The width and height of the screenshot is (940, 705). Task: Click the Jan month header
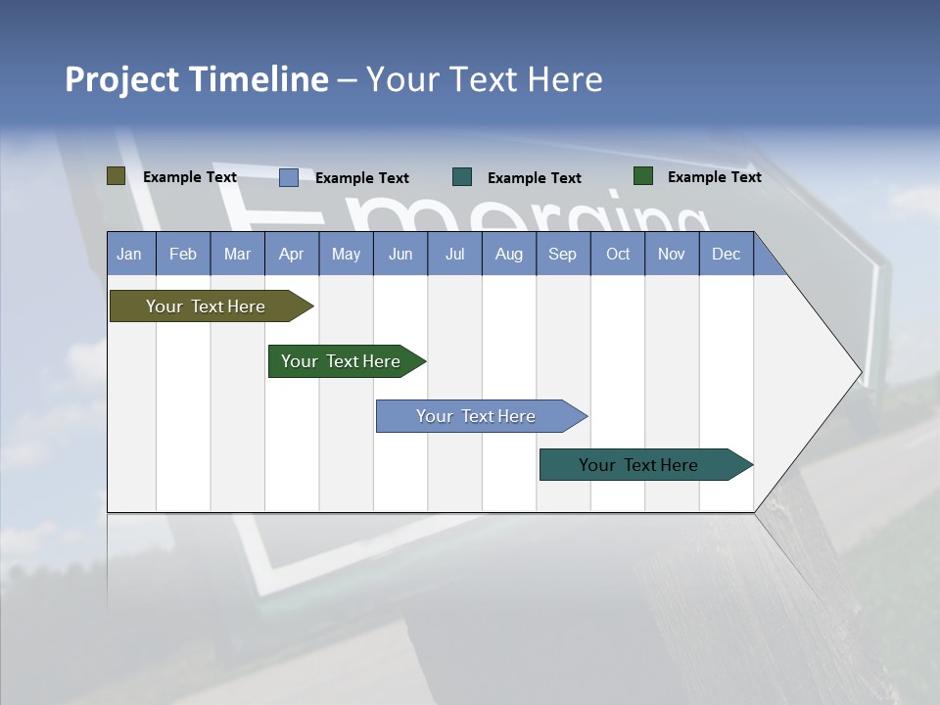(x=130, y=254)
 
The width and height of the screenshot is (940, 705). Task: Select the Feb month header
(x=183, y=254)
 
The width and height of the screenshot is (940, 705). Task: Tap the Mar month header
(x=237, y=254)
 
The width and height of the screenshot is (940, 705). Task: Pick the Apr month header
(x=292, y=254)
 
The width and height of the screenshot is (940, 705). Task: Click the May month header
(x=346, y=254)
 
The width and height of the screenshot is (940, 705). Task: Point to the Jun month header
(x=400, y=254)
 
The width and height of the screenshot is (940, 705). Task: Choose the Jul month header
(x=454, y=254)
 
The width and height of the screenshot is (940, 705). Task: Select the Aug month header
(x=509, y=254)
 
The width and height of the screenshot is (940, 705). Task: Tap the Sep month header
(x=563, y=254)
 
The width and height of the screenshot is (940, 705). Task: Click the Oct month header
(x=618, y=254)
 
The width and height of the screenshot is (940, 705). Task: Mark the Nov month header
(x=672, y=254)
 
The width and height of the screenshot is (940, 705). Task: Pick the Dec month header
(x=727, y=254)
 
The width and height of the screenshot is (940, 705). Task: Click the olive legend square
(x=117, y=176)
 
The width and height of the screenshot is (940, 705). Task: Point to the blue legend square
(x=289, y=177)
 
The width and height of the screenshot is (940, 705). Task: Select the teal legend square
(x=462, y=177)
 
